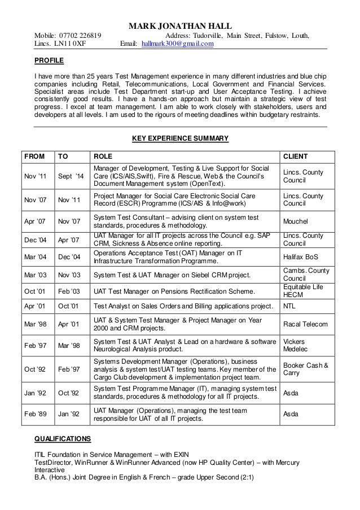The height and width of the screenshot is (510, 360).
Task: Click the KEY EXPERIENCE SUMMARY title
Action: pos(180,138)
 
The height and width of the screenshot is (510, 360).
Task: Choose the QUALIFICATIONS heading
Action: pos(62,438)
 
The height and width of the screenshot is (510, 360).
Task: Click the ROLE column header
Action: pos(102,156)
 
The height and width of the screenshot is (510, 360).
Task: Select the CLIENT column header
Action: pos(296,156)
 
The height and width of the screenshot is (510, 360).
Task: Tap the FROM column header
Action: pos(34,156)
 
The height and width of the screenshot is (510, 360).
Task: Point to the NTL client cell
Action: pos(289,307)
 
